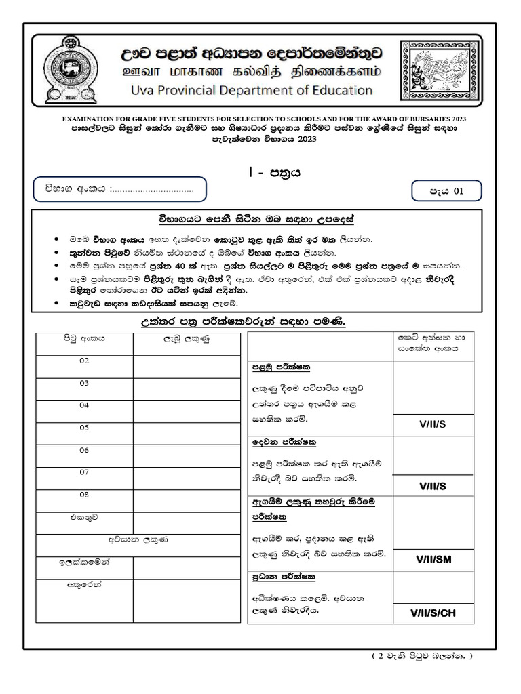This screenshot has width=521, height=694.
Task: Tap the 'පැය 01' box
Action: (x=446, y=191)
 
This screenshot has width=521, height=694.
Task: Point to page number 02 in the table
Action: (x=84, y=361)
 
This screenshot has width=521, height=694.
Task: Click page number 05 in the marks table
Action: (x=84, y=428)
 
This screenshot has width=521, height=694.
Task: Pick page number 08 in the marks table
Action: (x=84, y=495)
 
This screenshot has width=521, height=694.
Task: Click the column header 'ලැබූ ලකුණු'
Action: (x=187, y=339)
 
